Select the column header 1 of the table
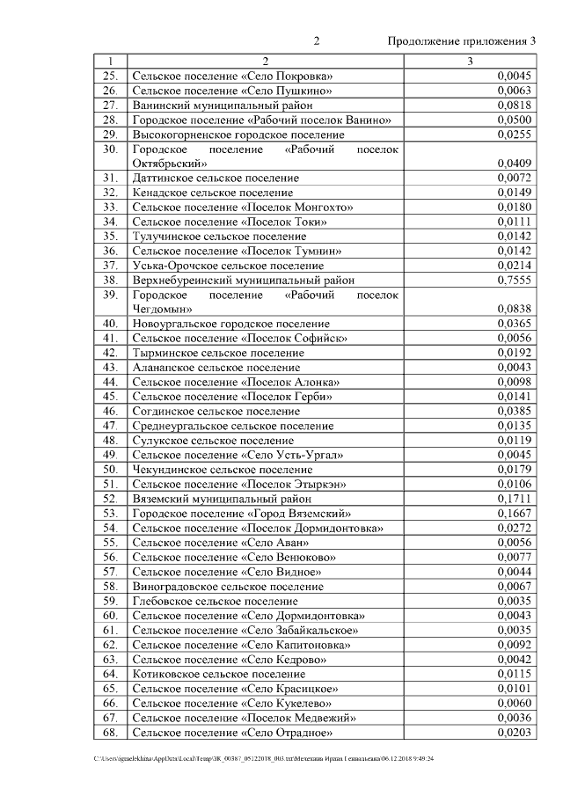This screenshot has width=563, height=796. [x=110, y=62]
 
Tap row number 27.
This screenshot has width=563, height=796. [x=110, y=105]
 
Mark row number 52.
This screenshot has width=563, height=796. [x=110, y=499]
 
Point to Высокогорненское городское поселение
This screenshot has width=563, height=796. [x=238, y=135]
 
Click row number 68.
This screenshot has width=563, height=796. [x=110, y=733]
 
